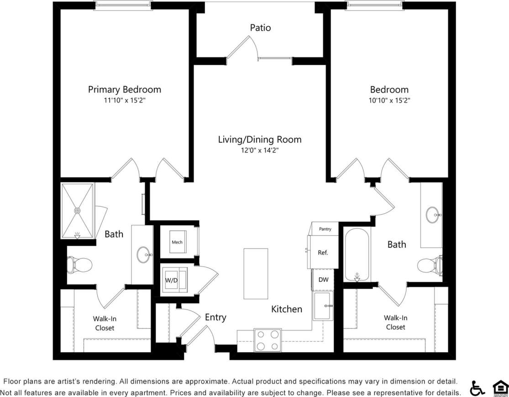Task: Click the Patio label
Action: pyautogui.click(x=260, y=28)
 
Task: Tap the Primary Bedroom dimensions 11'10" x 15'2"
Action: pyautogui.click(x=124, y=100)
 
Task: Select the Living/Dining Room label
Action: pyautogui.click(x=259, y=139)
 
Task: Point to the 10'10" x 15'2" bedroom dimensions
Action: pyautogui.click(x=389, y=100)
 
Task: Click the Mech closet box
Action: pyautogui.click(x=177, y=241)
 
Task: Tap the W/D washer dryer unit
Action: pyautogui.click(x=172, y=280)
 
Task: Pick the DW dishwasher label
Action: pyautogui.click(x=323, y=280)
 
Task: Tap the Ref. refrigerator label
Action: pyautogui.click(x=323, y=252)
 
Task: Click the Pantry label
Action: pyautogui.click(x=325, y=229)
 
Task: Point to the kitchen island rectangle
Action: pyautogui.click(x=256, y=273)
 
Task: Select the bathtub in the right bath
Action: pyautogui.click(x=357, y=255)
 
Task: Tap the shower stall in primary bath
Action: pyautogui.click(x=78, y=211)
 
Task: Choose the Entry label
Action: pyautogui.click(x=215, y=317)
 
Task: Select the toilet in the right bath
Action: pyautogui.click(x=429, y=265)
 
